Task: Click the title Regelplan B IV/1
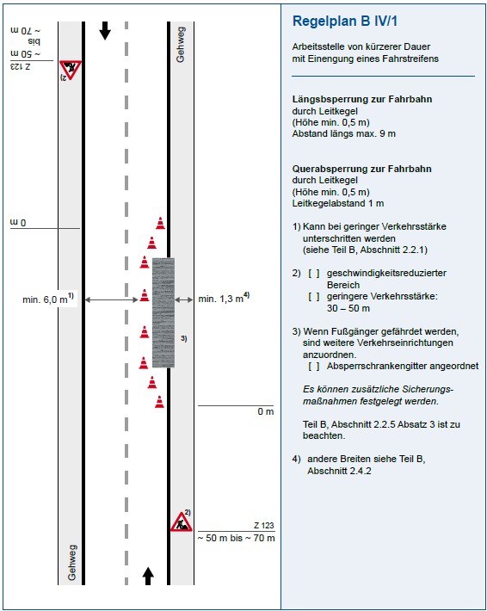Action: [345, 21]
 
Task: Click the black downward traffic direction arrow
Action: [105, 31]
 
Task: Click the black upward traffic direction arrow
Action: [148, 576]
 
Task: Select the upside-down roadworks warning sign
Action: [71, 71]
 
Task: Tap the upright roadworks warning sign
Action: [182, 522]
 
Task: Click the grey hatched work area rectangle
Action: [163, 312]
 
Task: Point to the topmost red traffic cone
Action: [160, 223]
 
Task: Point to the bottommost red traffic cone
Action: [159, 401]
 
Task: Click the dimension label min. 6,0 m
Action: [48, 299]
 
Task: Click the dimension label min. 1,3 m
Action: [224, 298]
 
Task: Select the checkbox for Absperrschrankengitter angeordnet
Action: [314, 367]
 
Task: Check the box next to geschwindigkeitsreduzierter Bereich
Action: [314, 273]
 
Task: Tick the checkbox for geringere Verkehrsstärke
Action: [314, 297]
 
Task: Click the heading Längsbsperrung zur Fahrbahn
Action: [362, 99]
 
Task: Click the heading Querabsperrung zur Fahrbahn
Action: [361, 169]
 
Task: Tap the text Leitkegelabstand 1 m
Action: [338, 203]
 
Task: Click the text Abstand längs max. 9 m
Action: [343, 133]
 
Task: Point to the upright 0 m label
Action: [266, 411]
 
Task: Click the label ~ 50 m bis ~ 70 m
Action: [236, 538]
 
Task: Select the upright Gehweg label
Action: [71, 562]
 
